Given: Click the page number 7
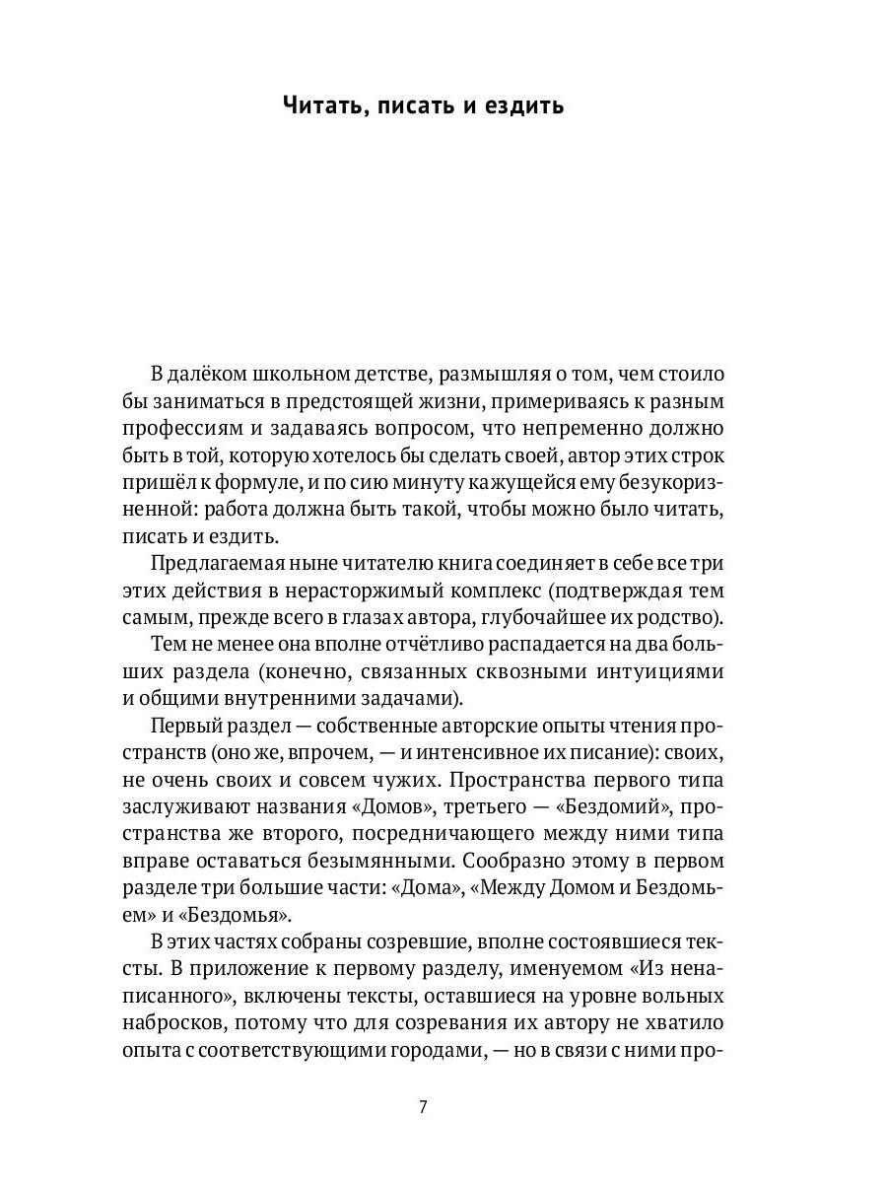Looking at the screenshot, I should click(x=423, y=1106).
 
